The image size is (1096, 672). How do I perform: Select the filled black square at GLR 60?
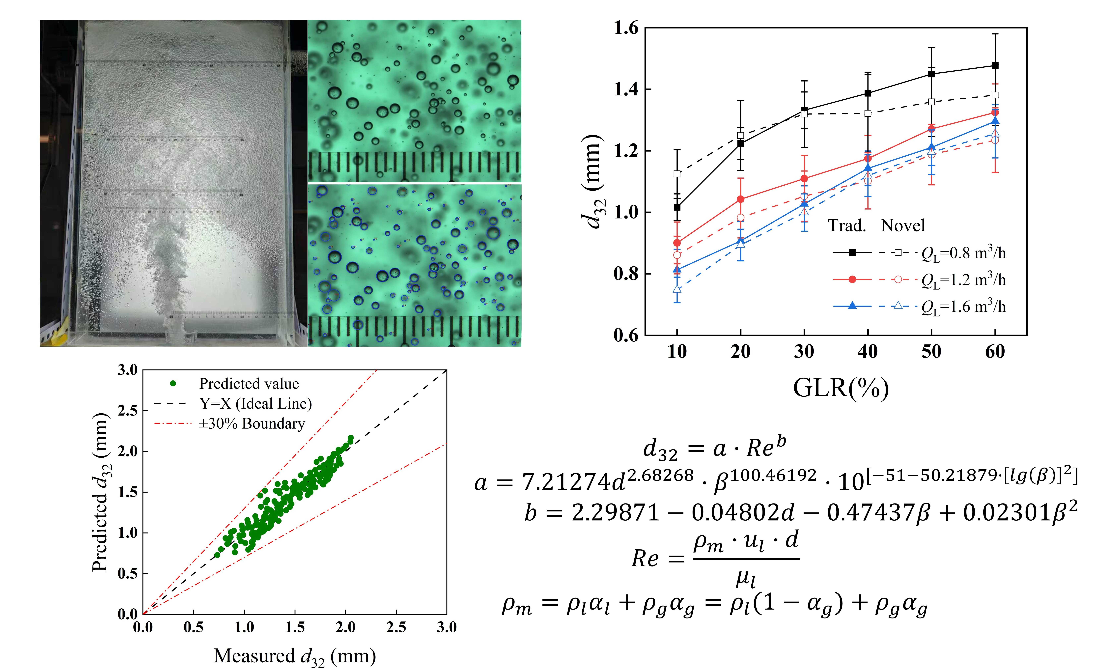[995, 65]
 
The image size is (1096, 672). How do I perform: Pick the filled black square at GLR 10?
[677, 207]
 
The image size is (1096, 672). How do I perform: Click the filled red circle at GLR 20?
[741, 199]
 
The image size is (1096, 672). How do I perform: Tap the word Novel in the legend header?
[903, 225]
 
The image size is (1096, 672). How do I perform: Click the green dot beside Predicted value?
[173, 383]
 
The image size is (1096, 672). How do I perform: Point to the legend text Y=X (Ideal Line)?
[256, 403]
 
